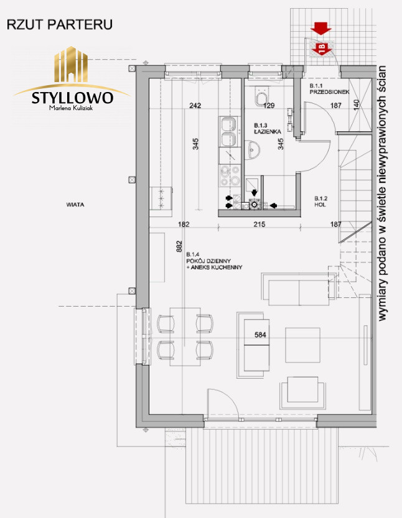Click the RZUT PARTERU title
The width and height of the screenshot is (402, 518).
(60, 25)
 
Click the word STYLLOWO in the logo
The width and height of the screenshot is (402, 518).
(72, 98)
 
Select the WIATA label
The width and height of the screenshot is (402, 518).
(75, 205)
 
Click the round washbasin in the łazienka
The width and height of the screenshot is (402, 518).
(253, 150)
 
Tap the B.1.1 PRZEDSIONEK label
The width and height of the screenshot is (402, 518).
(329, 89)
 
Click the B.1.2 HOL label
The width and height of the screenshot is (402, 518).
(320, 201)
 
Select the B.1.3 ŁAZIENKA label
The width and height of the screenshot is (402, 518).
(268, 129)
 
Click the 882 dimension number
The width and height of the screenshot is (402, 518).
(179, 246)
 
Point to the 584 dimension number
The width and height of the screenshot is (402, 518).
(260, 335)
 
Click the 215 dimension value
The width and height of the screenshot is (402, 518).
(259, 224)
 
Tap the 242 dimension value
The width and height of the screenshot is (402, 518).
(195, 106)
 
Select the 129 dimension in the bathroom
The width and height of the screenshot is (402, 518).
(269, 106)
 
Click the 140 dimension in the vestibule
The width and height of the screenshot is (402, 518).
(357, 105)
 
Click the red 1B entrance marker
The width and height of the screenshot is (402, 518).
(322, 49)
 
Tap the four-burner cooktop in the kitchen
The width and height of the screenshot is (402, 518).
(230, 175)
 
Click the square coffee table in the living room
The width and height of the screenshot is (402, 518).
(303, 345)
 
